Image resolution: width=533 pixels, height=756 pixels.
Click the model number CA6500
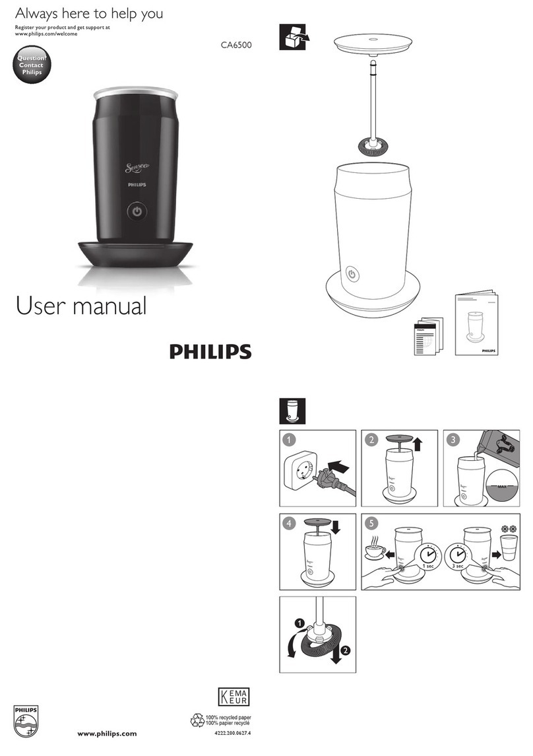click(x=236, y=46)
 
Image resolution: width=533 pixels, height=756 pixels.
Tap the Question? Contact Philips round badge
click(x=31, y=65)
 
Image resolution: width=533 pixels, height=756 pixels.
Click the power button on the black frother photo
click(x=136, y=211)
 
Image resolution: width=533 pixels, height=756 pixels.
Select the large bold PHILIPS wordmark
click(x=210, y=351)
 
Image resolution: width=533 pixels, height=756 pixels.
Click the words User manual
click(x=80, y=306)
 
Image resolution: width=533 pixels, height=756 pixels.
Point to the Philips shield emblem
click(x=27, y=722)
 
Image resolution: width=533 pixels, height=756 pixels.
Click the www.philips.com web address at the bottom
click(x=108, y=734)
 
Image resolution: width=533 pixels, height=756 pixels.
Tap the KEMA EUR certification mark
click(x=234, y=698)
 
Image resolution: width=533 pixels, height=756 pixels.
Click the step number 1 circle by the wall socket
click(x=287, y=439)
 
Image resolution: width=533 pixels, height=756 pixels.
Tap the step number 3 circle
click(x=451, y=439)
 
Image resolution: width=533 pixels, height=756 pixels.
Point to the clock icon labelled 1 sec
click(x=427, y=554)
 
